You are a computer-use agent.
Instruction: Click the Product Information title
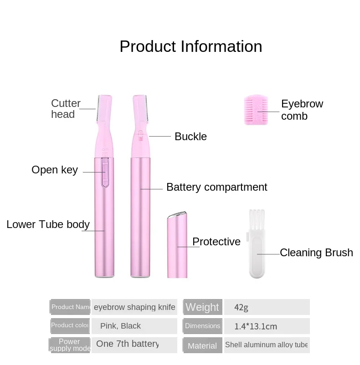tap(190, 47)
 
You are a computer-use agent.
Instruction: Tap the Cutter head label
tap(66, 109)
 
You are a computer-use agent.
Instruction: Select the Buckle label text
tap(190, 137)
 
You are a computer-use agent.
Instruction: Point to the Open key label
tap(55, 170)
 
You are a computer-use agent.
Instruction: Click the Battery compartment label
tap(216, 187)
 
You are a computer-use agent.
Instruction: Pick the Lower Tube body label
tap(48, 224)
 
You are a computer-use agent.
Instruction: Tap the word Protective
tap(216, 242)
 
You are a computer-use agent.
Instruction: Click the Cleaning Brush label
tap(316, 253)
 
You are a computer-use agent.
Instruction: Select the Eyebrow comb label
tap(302, 110)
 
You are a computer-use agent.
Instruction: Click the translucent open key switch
tap(104, 172)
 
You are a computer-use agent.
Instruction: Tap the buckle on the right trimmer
tap(140, 134)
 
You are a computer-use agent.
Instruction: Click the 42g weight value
tap(242, 308)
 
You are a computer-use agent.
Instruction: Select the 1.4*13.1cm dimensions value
tap(256, 326)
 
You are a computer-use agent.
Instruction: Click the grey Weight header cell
tap(202, 307)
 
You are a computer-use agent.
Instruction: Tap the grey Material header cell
tap(202, 345)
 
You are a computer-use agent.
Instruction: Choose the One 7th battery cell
tap(127, 344)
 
